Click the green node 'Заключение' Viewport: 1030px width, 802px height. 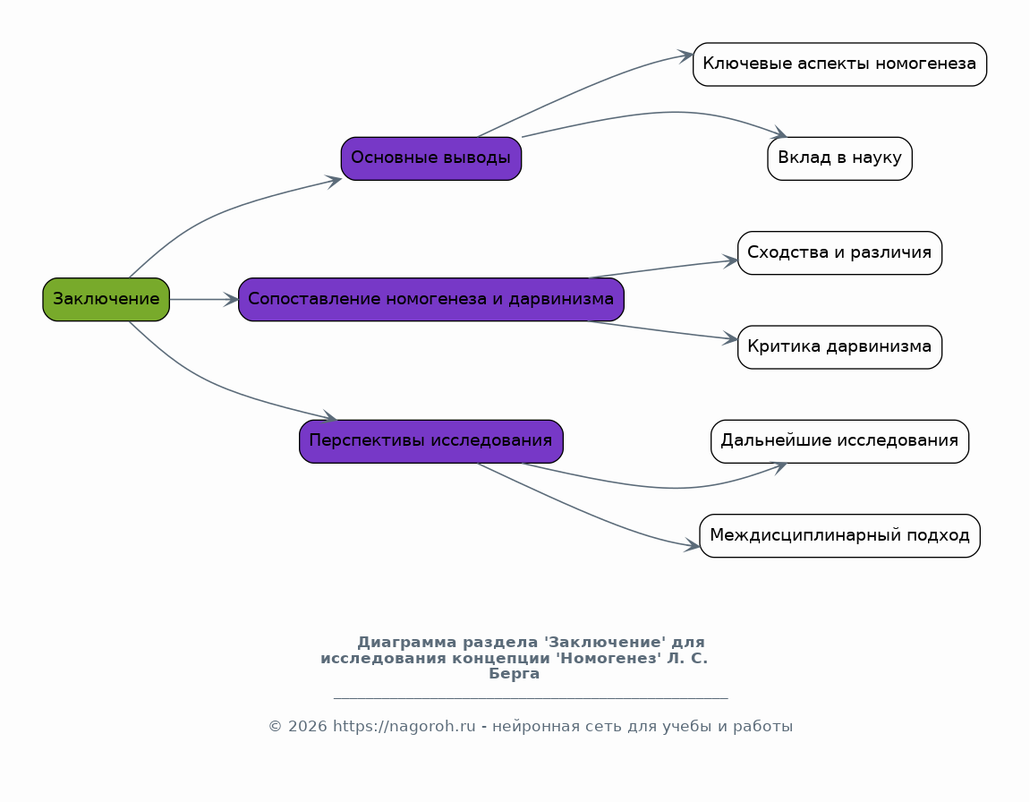[x=106, y=300]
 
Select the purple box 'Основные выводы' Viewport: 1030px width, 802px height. [x=431, y=158]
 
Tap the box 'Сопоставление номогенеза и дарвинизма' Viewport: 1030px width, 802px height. [x=431, y=300]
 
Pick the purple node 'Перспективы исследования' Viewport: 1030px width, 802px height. [x=431, y=441]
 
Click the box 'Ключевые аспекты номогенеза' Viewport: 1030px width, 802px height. [x=839, y=64]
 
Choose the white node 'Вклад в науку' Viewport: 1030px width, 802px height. [x=839, y=158]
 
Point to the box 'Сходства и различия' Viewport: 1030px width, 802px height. [x=839, y=253]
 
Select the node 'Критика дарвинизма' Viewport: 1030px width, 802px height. [x=839, y=346]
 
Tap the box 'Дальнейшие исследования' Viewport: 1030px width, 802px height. [x=839, y=441]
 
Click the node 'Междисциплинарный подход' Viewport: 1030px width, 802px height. [x=839, y=536]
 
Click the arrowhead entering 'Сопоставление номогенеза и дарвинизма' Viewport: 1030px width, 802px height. [x=231, y=300]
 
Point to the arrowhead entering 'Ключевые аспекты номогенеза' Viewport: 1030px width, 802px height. [x=685, y=55]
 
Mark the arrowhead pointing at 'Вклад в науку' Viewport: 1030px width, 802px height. [x=779, y=133]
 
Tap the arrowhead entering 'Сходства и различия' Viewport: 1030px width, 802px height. [x=730, y=260]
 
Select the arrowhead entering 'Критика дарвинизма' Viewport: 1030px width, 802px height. [x=730, y=339]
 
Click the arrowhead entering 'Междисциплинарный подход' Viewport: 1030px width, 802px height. [x=693, y=545]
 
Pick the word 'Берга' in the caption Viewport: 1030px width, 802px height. [x=515, y=674]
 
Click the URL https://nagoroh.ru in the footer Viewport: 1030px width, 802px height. [x=404, y=727]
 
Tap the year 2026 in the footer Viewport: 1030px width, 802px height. [x=308, y=727]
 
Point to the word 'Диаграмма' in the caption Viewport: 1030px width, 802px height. [x=406, y=643]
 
